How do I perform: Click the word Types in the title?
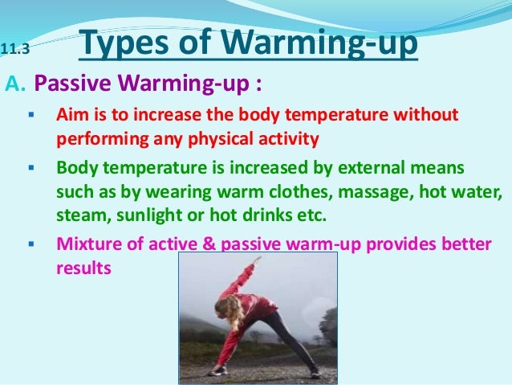point(124,45)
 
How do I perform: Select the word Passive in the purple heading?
point(67,84)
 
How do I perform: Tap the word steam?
point(78,215)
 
